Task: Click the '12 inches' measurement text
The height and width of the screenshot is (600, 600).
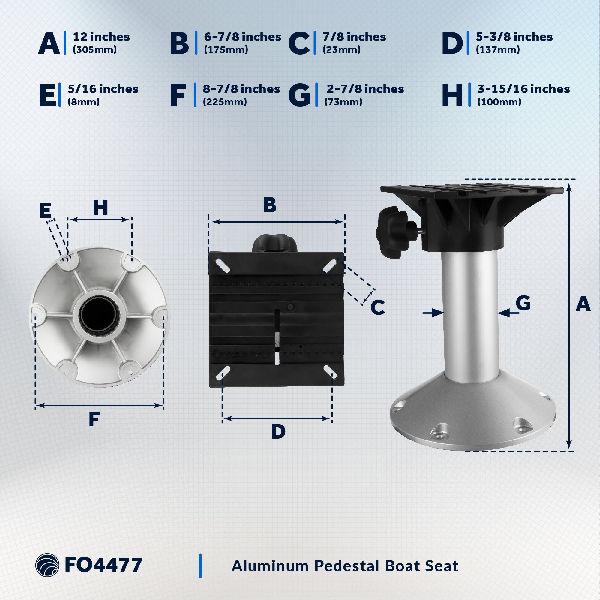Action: [101, 37]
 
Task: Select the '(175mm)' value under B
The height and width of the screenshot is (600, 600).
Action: [226, 50]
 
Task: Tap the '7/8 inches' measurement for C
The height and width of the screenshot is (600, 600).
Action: [354, 37]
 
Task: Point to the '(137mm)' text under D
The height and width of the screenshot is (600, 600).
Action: [498, 50]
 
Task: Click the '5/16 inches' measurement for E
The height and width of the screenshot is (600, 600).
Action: [103, 89]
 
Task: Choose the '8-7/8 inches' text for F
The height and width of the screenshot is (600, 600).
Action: [241, 89]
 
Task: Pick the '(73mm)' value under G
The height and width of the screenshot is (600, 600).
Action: [343, 102]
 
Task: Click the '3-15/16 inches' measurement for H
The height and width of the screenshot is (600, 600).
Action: [523, 89]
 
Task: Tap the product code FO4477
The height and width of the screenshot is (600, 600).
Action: [103, 565]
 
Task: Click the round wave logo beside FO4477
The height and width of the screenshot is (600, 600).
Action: [47, 565]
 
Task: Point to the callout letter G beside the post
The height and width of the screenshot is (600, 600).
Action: [523, 303]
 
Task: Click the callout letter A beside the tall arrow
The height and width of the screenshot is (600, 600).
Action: [583, 305]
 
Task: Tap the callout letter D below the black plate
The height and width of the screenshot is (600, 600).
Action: [278, 432]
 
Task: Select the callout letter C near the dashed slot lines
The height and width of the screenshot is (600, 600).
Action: [378, 308]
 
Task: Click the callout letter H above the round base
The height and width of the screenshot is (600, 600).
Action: [100, 208]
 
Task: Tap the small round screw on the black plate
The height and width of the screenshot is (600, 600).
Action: [290, 307]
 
